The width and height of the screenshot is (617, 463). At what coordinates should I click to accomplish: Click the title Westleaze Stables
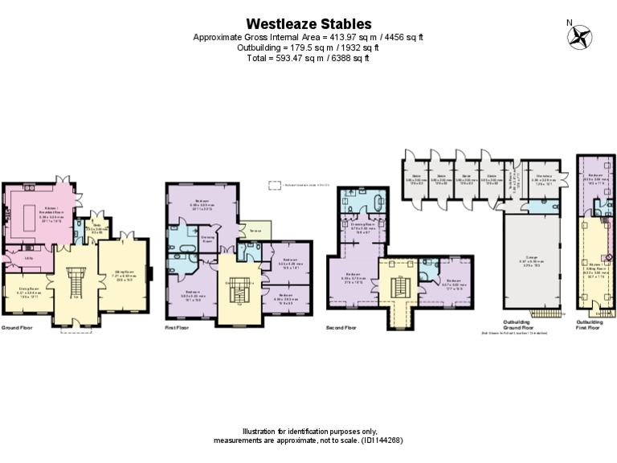pyautogui.click(x=308, y=24)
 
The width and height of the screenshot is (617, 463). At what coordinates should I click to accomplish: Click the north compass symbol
pyautogui.click(x=579, y=36)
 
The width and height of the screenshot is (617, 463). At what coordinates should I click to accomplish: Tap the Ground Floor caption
pyautogui.click(x=16, y=328)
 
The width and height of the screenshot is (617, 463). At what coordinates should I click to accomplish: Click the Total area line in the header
pyautogui.click(x=308, y=59)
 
